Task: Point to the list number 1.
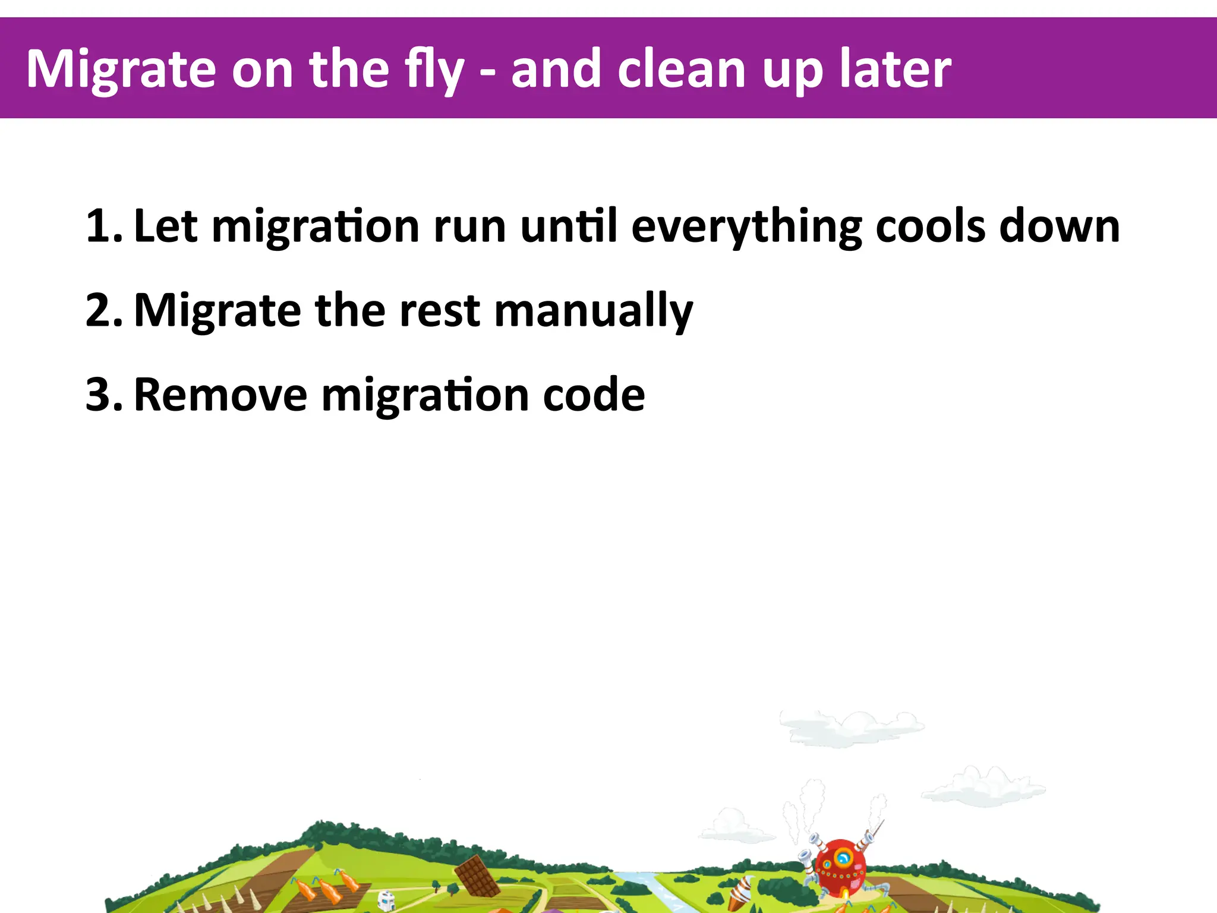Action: point(102,226)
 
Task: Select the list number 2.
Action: point(102,310)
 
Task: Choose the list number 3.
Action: point(102,395)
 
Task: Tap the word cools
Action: point(931,226)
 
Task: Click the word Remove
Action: point(220,395)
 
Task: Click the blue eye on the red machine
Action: point(843,858)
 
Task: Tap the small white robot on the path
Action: point(386,899)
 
